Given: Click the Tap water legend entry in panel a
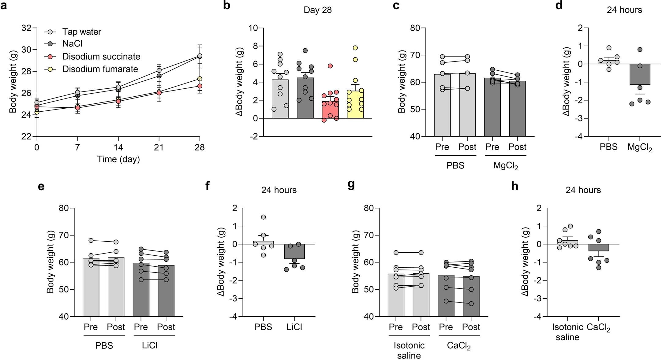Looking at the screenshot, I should coord(81,32).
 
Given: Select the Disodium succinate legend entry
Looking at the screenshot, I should coord(101,57).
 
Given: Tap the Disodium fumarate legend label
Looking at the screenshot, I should coord(100,69).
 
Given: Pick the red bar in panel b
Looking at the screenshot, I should coord(330,110).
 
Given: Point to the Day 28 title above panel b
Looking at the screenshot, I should coord(317,10).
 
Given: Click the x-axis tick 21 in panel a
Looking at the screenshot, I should coord(159,147).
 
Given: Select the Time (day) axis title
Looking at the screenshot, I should coord(118,159).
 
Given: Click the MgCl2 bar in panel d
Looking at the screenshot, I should coord(640,74).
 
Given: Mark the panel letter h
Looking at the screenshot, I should coord(515,186).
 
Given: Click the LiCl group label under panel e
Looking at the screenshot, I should coord(149,345).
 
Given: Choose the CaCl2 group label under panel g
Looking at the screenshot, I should coord(458,346).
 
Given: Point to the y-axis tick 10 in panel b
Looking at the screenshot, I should coord(253,28).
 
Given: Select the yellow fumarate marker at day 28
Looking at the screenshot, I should coord(200,79).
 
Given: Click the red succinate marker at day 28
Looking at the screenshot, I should coord(200,86).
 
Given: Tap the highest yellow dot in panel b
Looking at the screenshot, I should coord(355,48).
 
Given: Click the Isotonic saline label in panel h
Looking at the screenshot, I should coord(567,332).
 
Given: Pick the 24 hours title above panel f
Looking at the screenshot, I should coord(279,190).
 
